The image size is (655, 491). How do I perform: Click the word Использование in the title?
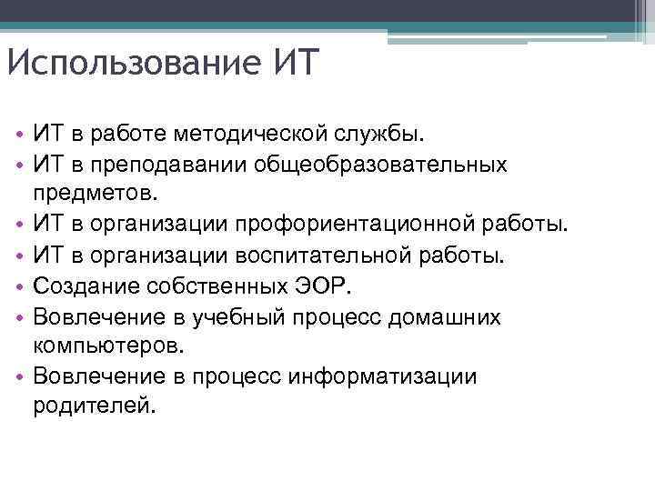tap(130, 65)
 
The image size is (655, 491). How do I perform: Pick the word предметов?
tap(96, 194)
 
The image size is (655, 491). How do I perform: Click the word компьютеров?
tap(108, 345)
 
